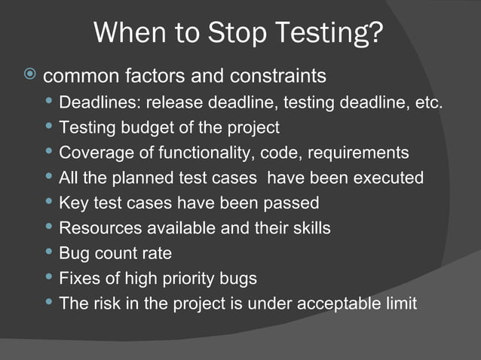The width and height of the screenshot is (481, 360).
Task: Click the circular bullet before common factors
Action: tap(29, 75)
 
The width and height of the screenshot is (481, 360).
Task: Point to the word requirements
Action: tap(362, 153)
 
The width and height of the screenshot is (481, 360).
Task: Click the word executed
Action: tap(388, 178)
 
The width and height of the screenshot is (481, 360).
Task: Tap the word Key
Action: tap(73, 203)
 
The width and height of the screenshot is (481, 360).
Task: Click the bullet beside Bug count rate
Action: tap(49, 252)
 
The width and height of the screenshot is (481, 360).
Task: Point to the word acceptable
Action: tap(340, 304)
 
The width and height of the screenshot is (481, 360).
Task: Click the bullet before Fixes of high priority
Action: tap(49, 278)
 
